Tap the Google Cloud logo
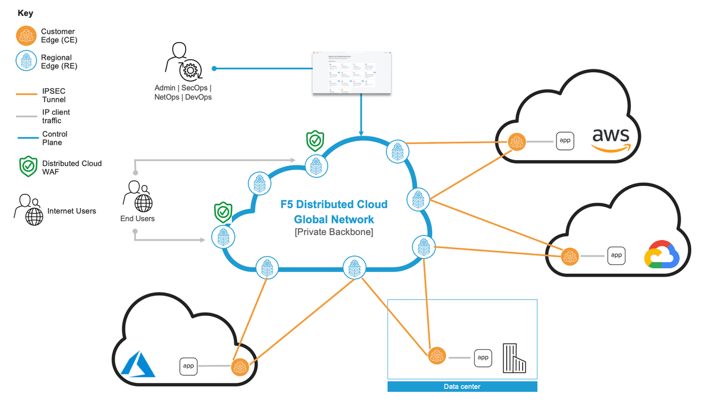pos(662,255)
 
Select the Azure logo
pos(138,364)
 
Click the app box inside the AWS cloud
pos(565,140)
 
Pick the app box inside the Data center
pos(483,357)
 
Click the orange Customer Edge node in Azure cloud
pos(240,366)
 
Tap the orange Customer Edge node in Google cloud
pos(570,256)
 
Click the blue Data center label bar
pos(462,387)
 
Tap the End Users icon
pos(137,197)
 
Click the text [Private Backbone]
pos(333,232)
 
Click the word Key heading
pos(26,12)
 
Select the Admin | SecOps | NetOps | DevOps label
pos(183,92)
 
